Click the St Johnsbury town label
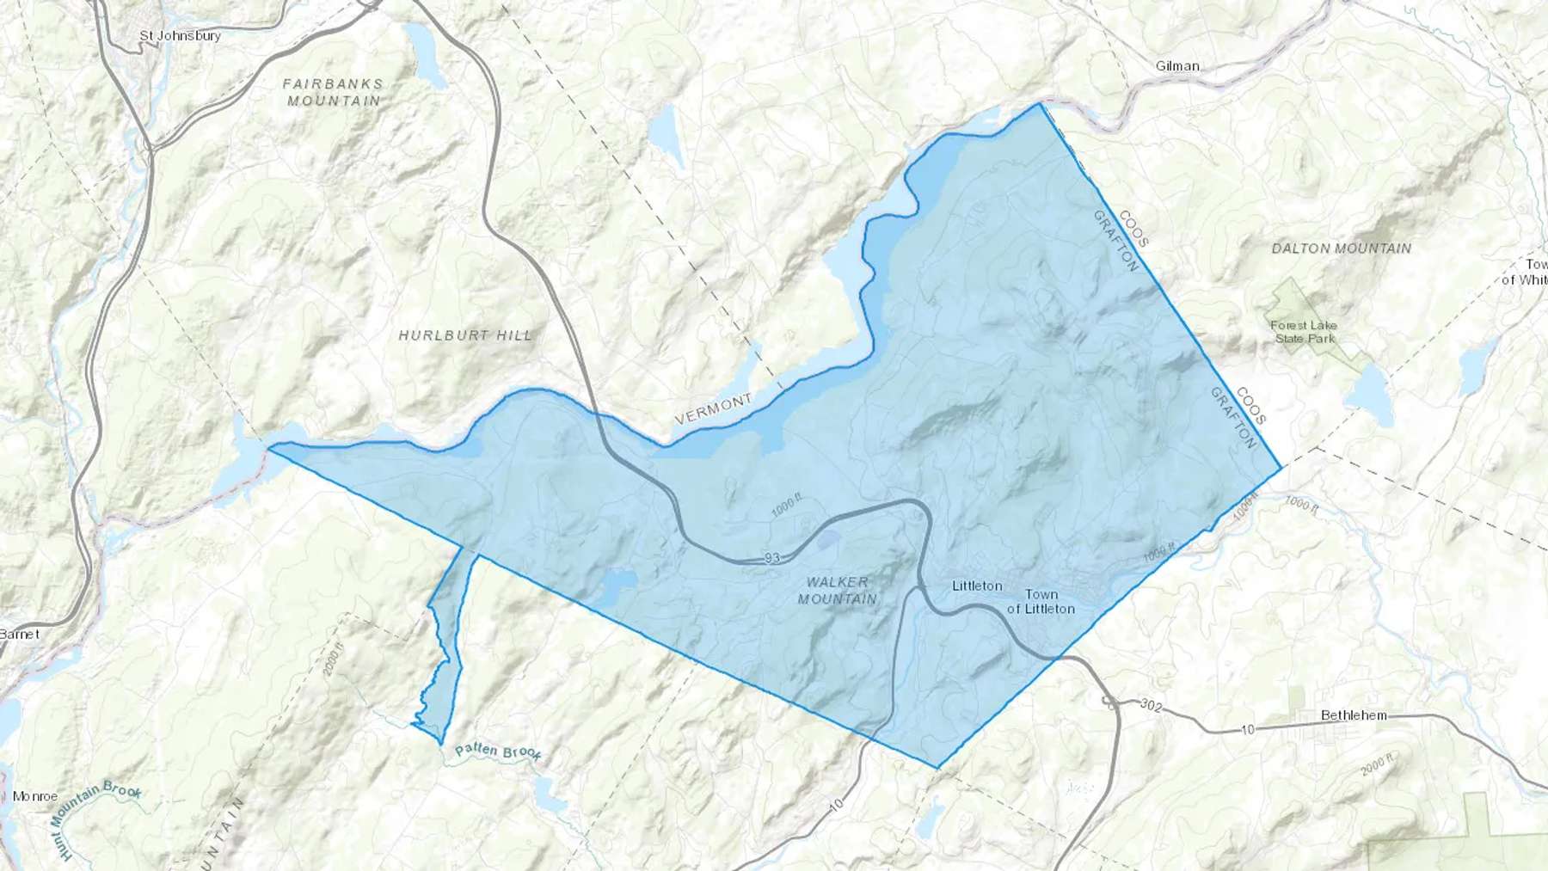click(x=180, y=36)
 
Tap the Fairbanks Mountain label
click(x=333, y=92)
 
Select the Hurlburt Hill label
click(x=465, y=335)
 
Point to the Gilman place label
click(x=1177, y=66)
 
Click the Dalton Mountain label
click(x=1341, y=248)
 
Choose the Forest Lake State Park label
click(x=1304, y=332)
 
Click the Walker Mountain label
click(x=837, y=591)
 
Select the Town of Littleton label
click(x=1041, y=601)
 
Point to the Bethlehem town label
click(x=1354, y=715)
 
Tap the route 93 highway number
click(x=771, y=559)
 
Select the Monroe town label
click(x=34, y=796)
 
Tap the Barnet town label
click(x=19, y=634)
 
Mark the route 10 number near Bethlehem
click(x=1247, y=729)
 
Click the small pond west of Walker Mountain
click(x=618, y=586)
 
